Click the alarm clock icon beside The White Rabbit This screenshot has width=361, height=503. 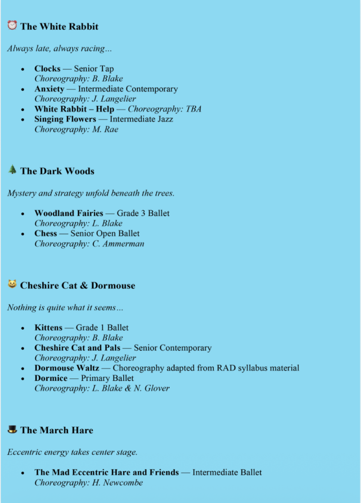point(12,25)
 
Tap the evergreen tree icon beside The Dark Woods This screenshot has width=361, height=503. point(12,169)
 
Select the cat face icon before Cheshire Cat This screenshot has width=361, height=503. point(12,284)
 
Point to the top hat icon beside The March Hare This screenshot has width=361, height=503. point(12,429)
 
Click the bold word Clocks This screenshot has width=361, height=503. point(47,69)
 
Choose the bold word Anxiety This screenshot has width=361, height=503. point(49,89)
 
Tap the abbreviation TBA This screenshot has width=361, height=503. point(193,109)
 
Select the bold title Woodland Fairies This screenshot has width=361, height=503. point(69,213)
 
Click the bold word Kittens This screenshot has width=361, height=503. point(48,328)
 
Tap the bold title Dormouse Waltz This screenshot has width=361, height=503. point(67,368)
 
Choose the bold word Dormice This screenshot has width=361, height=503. point(51,378)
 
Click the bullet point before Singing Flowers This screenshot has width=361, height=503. point(23,119)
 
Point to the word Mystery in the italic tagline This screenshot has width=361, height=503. point(23,194)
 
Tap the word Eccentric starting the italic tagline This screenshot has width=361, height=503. point(25,452)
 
